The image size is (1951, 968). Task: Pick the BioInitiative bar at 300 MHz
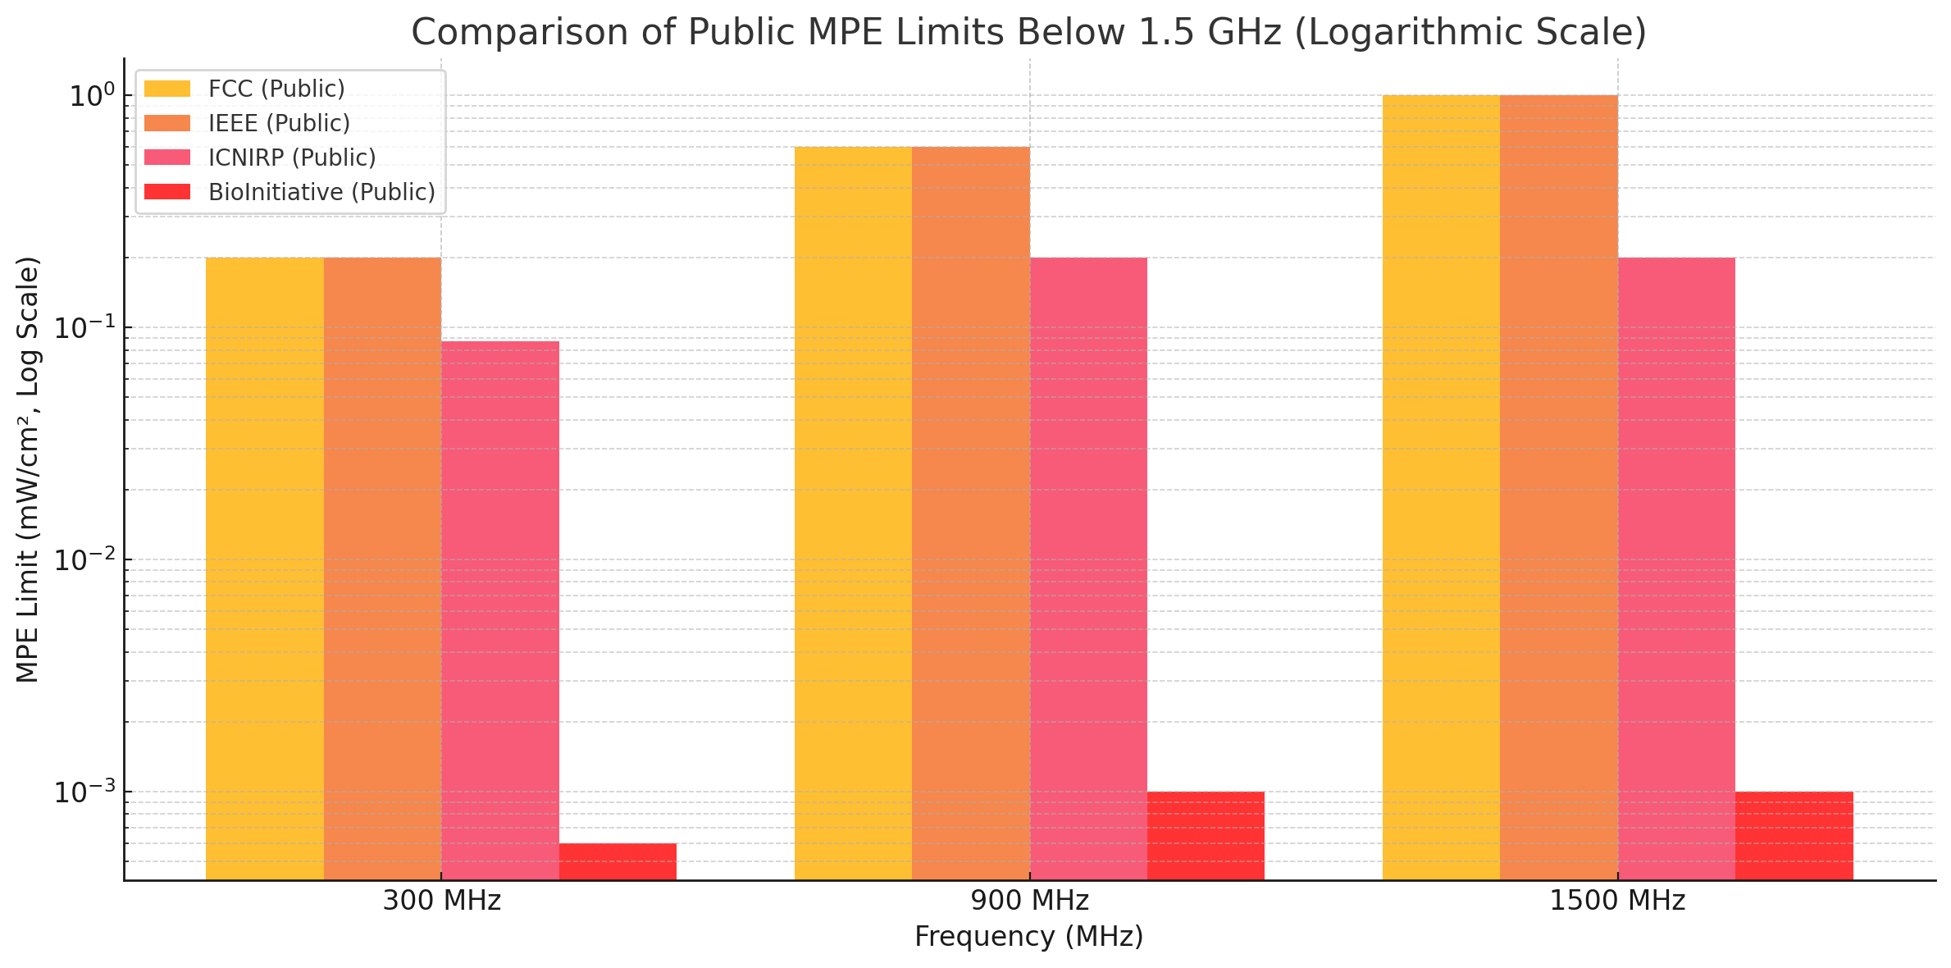(618, 861)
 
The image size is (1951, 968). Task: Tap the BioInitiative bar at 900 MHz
(1206, 835)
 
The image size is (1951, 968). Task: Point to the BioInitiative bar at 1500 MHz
(1794, 835)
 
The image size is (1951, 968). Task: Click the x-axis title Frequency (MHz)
(1029, 937)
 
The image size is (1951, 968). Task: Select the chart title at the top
(1028, 33)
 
